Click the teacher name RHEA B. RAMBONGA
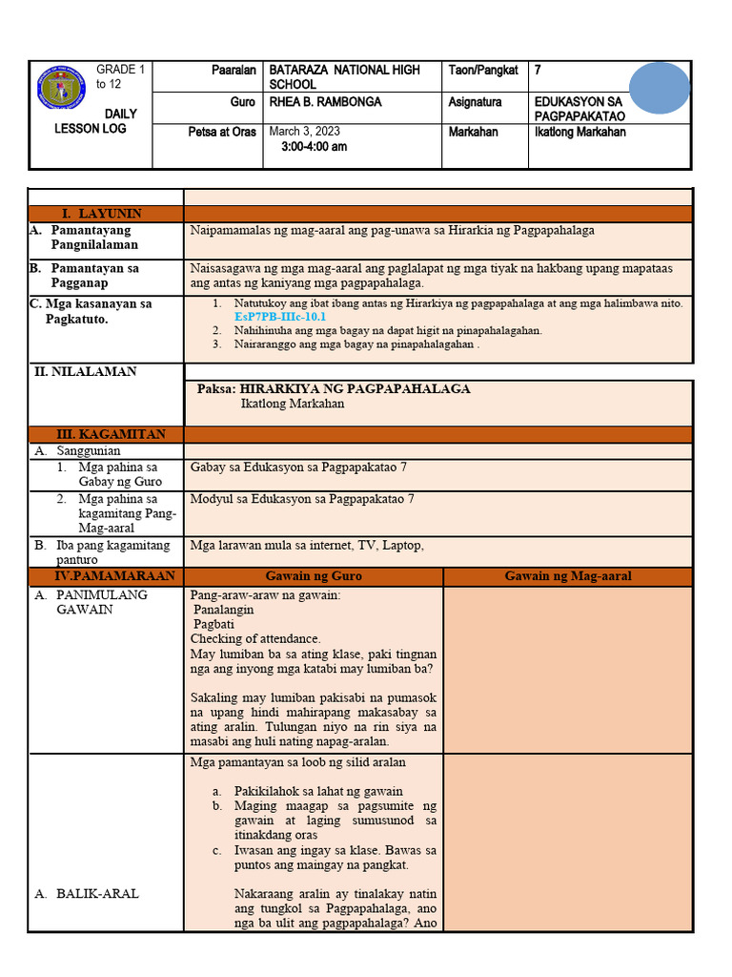(325, 101)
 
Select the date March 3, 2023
(305, 132)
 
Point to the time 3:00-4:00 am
(315, 147)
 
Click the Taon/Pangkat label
(483, 70)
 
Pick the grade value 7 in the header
(538, 70)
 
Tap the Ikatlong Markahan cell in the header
(579, 132)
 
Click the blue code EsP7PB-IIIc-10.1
(280, 316)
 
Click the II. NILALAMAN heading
(86, 371)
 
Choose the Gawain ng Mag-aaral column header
(568, 576)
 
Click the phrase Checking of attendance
(255, 638)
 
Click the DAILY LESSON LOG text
(91, 121)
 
